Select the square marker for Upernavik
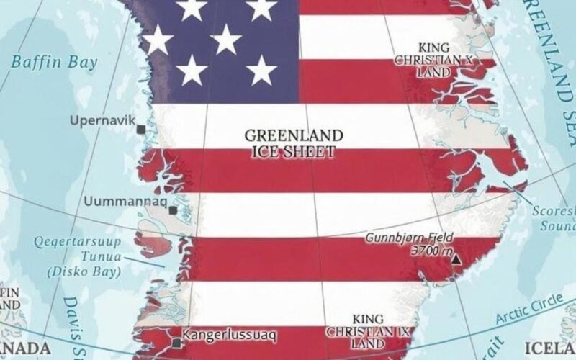[x=141, y=129]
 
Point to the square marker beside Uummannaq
[x=173, y=210]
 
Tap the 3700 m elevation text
[x=429, y=251]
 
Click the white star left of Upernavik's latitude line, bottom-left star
[x=192, y=70]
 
